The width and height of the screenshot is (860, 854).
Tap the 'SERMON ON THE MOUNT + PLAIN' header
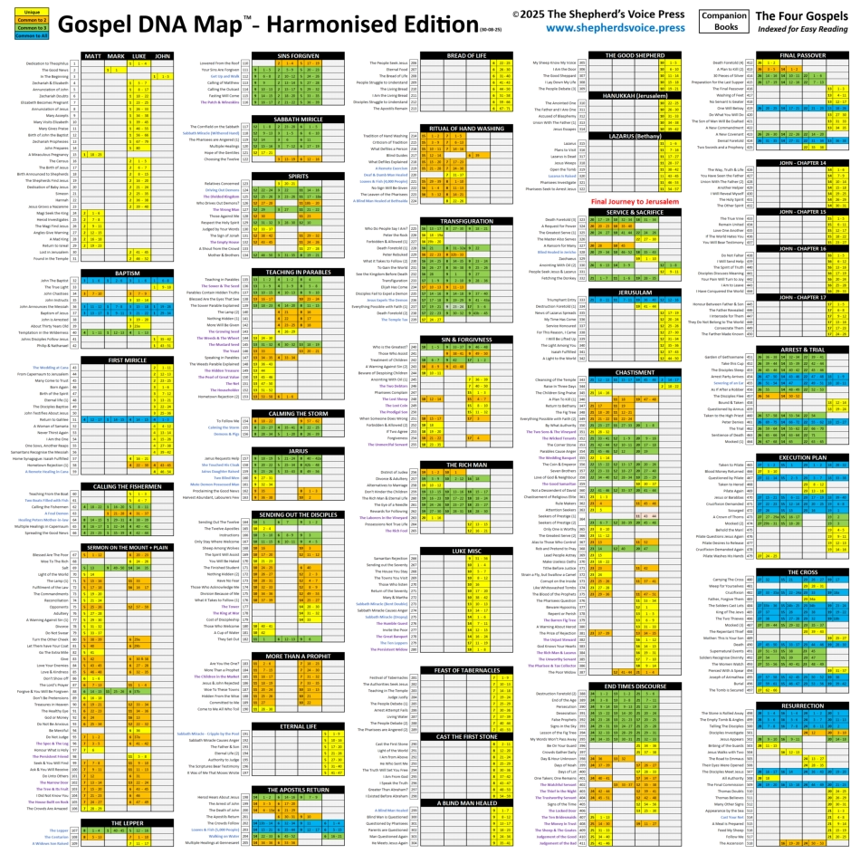coord(128,547)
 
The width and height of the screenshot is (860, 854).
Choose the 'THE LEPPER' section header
coord(128,822)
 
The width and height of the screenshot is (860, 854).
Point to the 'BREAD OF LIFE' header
coord(467,56)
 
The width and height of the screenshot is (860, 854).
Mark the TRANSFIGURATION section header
coord(467,221)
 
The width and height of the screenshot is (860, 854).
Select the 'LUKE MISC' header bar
coord(467,550)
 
